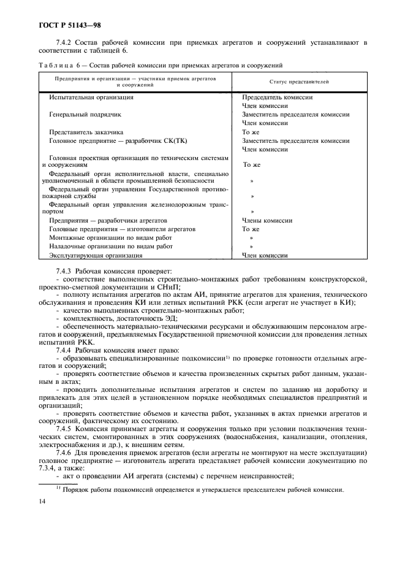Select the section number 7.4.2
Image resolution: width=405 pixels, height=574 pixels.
pos(64,42)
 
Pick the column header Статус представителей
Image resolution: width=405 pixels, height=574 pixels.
pos(299,81)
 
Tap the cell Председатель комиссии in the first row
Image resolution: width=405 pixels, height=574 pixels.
pos(277,97)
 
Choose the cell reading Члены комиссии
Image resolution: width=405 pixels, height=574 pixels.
pos(267,220)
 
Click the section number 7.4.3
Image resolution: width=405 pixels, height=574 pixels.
pos(64,270)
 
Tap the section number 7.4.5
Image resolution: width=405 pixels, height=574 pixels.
pos(64,429)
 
